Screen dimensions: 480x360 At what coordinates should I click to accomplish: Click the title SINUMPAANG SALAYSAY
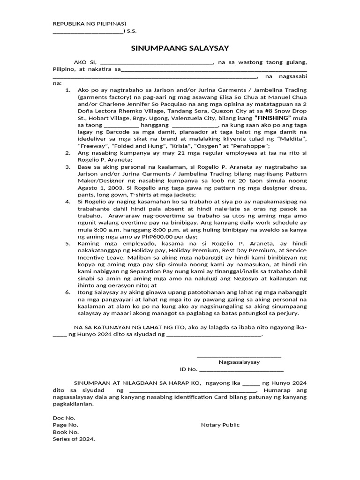pos(180,48)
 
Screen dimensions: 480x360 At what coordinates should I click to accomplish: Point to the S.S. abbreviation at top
pos(132,31)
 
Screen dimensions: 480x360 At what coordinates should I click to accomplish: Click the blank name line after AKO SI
pos(157,62)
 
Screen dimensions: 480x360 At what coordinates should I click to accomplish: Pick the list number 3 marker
pos(67,167)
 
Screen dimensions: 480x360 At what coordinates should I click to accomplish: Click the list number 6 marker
pos(67,292)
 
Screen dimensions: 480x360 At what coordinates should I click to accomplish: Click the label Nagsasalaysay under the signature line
pos(239,361)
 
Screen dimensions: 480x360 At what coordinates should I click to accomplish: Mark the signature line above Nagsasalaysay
pos(239,357)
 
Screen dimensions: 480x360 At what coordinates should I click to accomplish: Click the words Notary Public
pos(220,425)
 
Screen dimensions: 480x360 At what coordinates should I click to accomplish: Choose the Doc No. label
pos(64,418)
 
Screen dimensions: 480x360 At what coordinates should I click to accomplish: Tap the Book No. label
pos(66,432)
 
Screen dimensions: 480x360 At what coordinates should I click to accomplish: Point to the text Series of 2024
pos(74,439)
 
